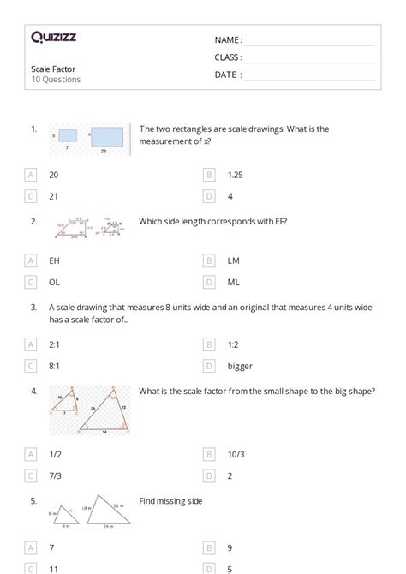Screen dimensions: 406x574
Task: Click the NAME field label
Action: [228, 40]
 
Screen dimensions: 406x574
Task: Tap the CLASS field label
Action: [228, 57]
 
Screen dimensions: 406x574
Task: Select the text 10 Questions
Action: [56, 80]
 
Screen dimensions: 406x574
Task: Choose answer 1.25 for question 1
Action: [236, 174]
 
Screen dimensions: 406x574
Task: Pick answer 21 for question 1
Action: [54, 196]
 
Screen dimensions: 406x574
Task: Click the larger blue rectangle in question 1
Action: [106, 136]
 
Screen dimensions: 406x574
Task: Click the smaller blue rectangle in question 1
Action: [69, 135]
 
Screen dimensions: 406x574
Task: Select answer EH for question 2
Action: [55, 260]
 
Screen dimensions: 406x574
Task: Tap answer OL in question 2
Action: [55, 281]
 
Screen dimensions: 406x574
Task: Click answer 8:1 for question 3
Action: [55, 366]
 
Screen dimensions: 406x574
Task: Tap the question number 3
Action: [33, 307]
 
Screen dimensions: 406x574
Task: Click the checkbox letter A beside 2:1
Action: [32, 344]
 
